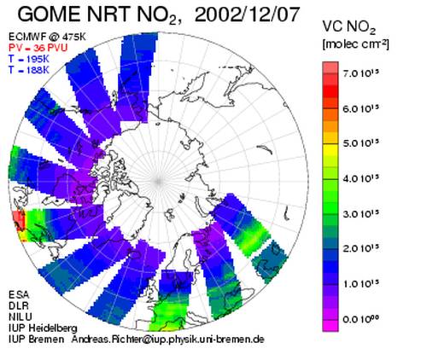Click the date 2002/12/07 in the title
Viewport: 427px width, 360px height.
pos(247,15)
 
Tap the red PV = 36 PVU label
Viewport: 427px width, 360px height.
pos(38,48)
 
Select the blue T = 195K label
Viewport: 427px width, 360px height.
pos(29,59)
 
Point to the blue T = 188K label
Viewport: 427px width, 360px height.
pos(29,70)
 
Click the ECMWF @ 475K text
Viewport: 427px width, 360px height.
pos(47,37)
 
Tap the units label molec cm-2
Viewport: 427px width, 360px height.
pos(355,44)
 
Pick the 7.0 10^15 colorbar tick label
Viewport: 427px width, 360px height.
pos(361,73)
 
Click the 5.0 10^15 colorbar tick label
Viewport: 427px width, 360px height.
pos(361,143)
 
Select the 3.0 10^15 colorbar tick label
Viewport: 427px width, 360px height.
pos(361,214)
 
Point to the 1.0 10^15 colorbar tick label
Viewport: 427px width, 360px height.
pos(361,284)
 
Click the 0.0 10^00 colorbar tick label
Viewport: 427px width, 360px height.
pos(361,319)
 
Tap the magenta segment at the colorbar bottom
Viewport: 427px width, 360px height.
pos(330,326)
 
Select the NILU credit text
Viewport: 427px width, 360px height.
pos(20,316)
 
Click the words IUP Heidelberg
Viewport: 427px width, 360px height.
pos(43,328)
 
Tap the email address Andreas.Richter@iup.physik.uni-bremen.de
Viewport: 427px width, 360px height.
pos(167,340)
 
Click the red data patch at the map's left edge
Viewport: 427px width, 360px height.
pos(19,220)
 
